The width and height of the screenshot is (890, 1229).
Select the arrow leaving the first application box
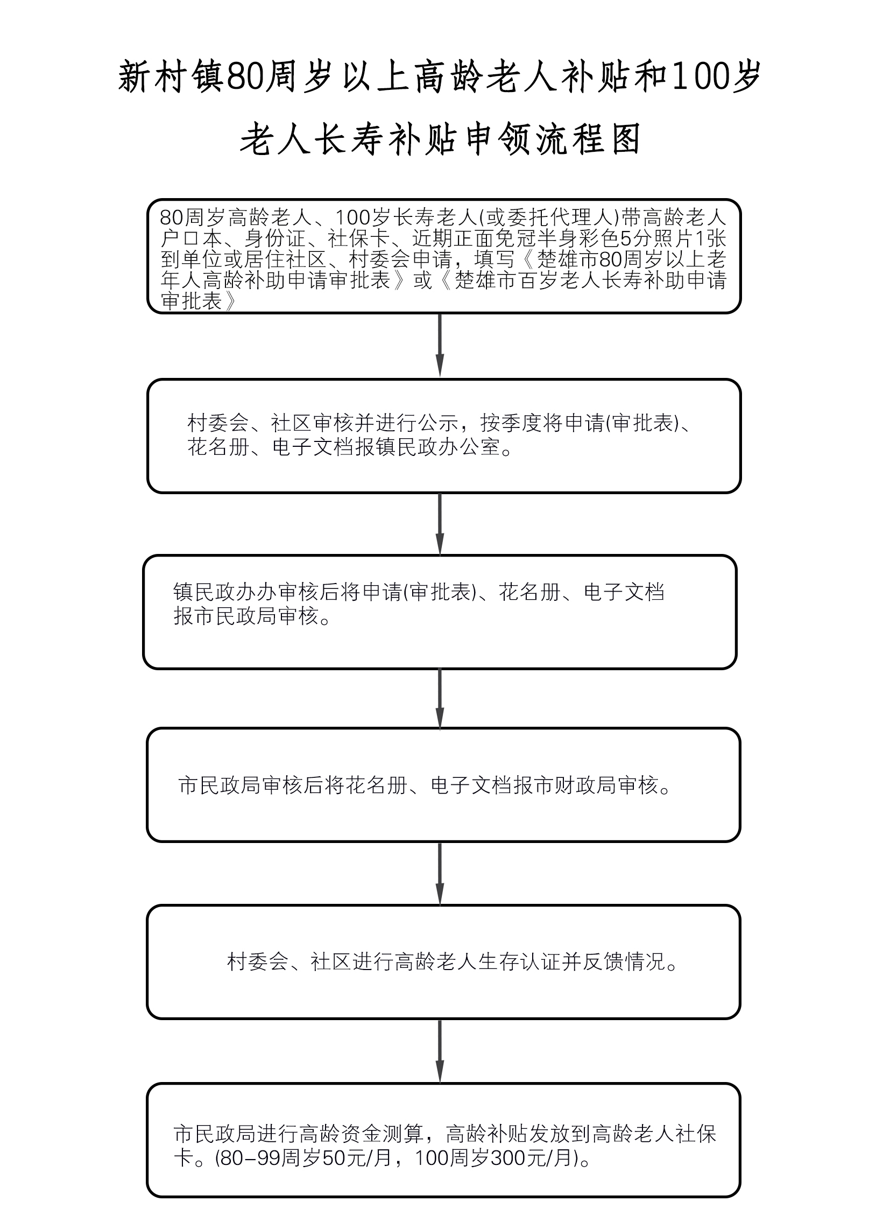pyautogui.click(x=439, y=345)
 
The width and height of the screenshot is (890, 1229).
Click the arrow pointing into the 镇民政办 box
pyautogui.click(x=439, y=523)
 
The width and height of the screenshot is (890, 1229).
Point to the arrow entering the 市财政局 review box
pyautogui.click(x=439, y=698)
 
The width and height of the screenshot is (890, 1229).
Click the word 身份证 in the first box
pyautogui.click(x=275, y=238)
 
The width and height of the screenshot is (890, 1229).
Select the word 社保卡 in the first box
pyautogui.click(x=358, y=238)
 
